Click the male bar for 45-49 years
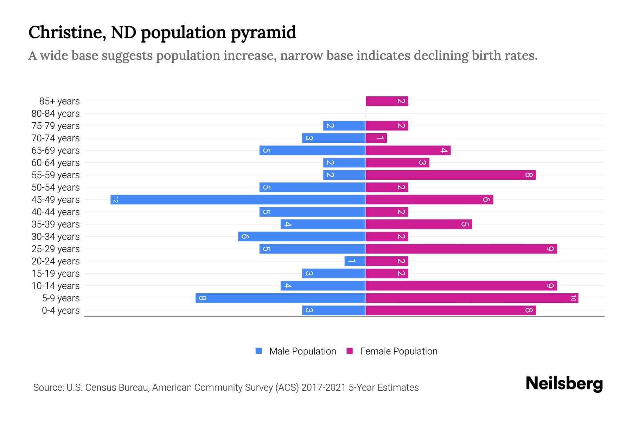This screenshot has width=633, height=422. tap(238, 200)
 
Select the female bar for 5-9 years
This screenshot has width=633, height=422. tap(472, 298)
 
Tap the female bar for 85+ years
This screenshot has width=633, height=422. tap(387, 101)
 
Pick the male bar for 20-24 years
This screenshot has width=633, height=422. tap(355, 261)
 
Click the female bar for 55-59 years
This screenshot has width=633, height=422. tap(450, 175)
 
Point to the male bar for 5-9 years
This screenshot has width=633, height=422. tap(281, 298)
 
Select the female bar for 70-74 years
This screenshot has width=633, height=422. tap(376, 138)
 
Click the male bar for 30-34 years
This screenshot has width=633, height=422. tap(302, 237)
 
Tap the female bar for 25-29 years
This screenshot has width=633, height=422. tap(461, 249)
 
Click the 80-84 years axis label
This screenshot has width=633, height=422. tap(56, 114)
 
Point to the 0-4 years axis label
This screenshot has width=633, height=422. tap(60, 311)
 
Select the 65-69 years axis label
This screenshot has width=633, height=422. tap(56, 151)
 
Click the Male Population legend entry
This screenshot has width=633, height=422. tap(302, 351)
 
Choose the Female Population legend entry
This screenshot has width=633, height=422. tap(398, 351)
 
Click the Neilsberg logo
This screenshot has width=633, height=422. tap(564, 384)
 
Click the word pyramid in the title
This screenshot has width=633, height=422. tap(263, 32)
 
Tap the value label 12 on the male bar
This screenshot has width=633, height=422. tap(115, 200)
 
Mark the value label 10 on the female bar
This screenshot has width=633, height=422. tap(573, 298)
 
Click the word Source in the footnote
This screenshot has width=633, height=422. tap(48, 388)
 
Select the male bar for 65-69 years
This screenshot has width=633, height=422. tap(312, 151)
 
